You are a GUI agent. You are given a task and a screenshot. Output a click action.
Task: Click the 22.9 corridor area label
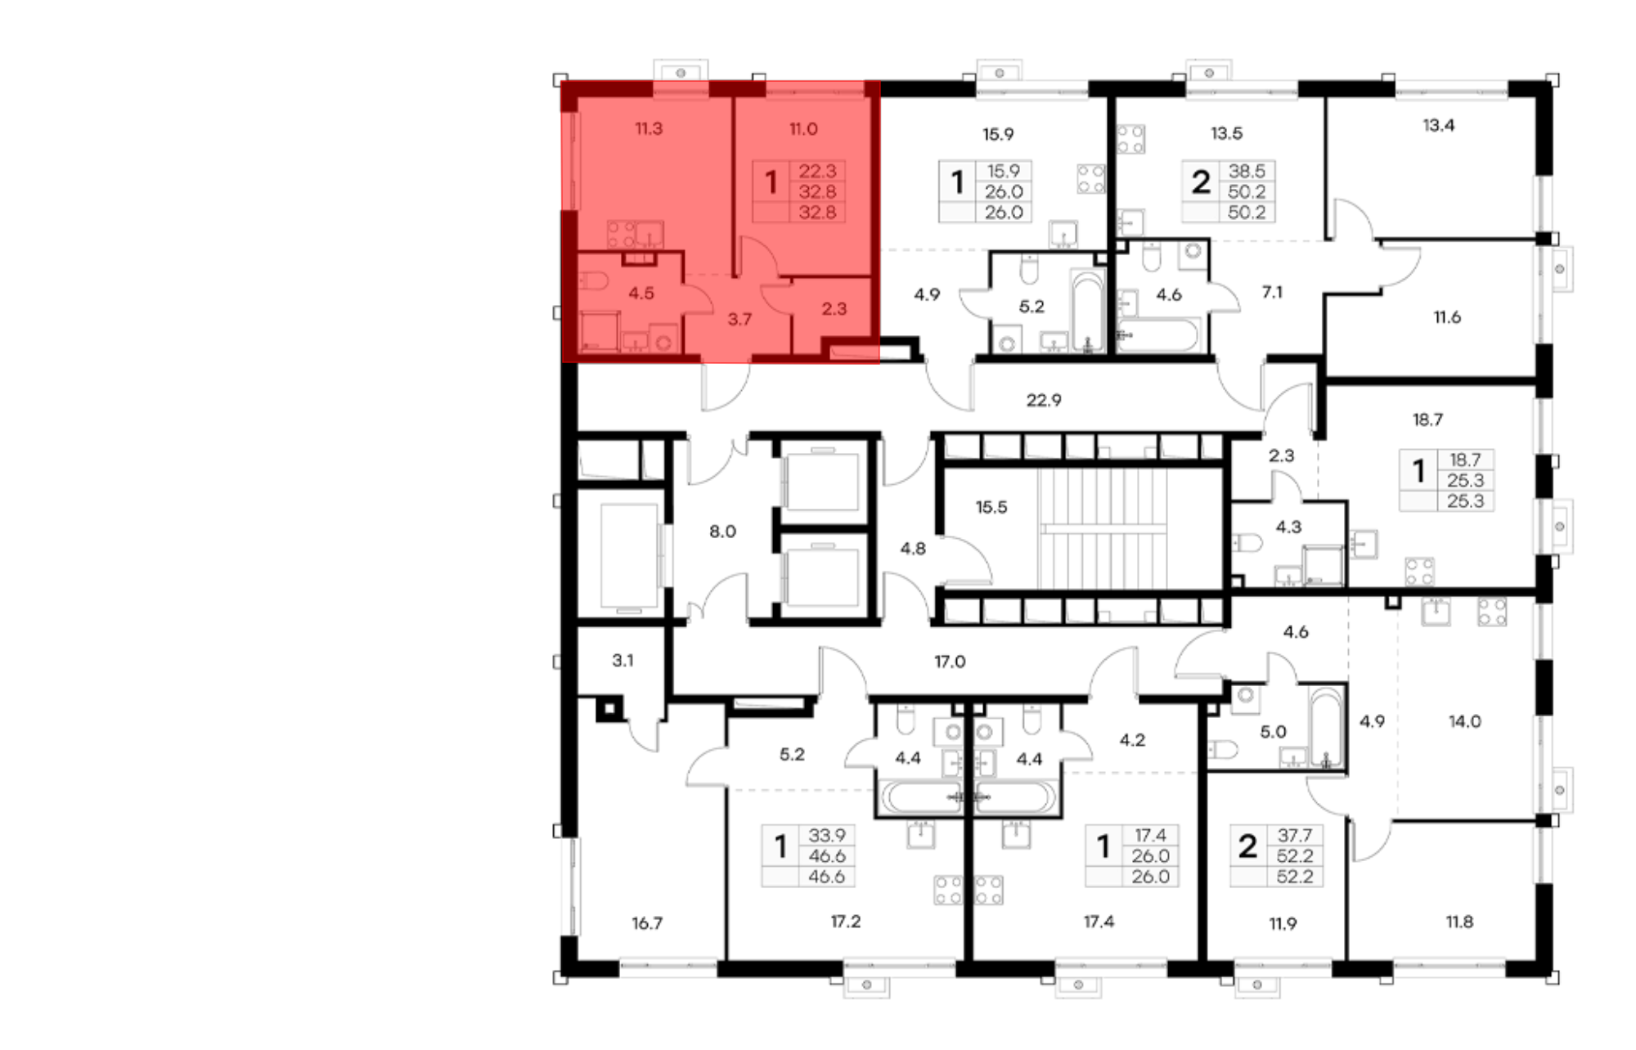pyautogui.click(x=1044, y=400)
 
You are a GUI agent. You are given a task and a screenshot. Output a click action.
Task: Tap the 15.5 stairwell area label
pyautogui.click(x=991, y=507)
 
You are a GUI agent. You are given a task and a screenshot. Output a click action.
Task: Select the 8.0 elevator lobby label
pyautogui.click(x=722, y=532)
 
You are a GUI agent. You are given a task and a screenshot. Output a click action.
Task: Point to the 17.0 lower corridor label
pyautogui.click(x=950, y=661)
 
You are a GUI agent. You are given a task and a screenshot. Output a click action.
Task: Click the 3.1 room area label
pyautogui.click(x=622, y=660)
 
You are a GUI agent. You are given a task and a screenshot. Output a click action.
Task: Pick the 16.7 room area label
pyautogui.click(x=646, y=923)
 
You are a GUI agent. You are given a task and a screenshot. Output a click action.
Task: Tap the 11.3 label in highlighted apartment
pyautogui.click(x=649, y=128)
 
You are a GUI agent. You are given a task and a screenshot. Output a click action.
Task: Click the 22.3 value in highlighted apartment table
pyautogui.click(x=817, y=171)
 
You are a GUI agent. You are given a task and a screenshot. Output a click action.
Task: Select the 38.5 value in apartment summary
pyautogui.click(x=1247, y=171)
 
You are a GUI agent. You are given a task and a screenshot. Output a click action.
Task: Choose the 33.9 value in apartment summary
pyautogui.click(x=827, y=836)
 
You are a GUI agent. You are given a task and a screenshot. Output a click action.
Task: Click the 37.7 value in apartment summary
pyautogui.click(x=1295, y=836)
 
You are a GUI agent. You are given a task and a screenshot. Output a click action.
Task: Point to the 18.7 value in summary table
pyautogui.click(x=1465, y=460)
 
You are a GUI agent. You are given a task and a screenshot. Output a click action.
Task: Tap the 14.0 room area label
pyautogui.click(x=1464, y=721)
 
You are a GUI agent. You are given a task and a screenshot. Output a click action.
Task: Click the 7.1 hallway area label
pyautogui.click(x=1272, y=292)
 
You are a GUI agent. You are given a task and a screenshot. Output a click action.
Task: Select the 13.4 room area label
pyautogui.click(x=1438, y=125)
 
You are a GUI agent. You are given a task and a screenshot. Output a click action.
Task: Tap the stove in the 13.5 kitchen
pyautogui.click(x=1130, y=139)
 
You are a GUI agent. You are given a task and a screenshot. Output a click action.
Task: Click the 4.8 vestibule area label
pyautogui.click(x=913, y=549)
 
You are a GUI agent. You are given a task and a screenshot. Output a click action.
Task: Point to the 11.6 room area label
pyautogui.click(x=1447, y=317)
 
